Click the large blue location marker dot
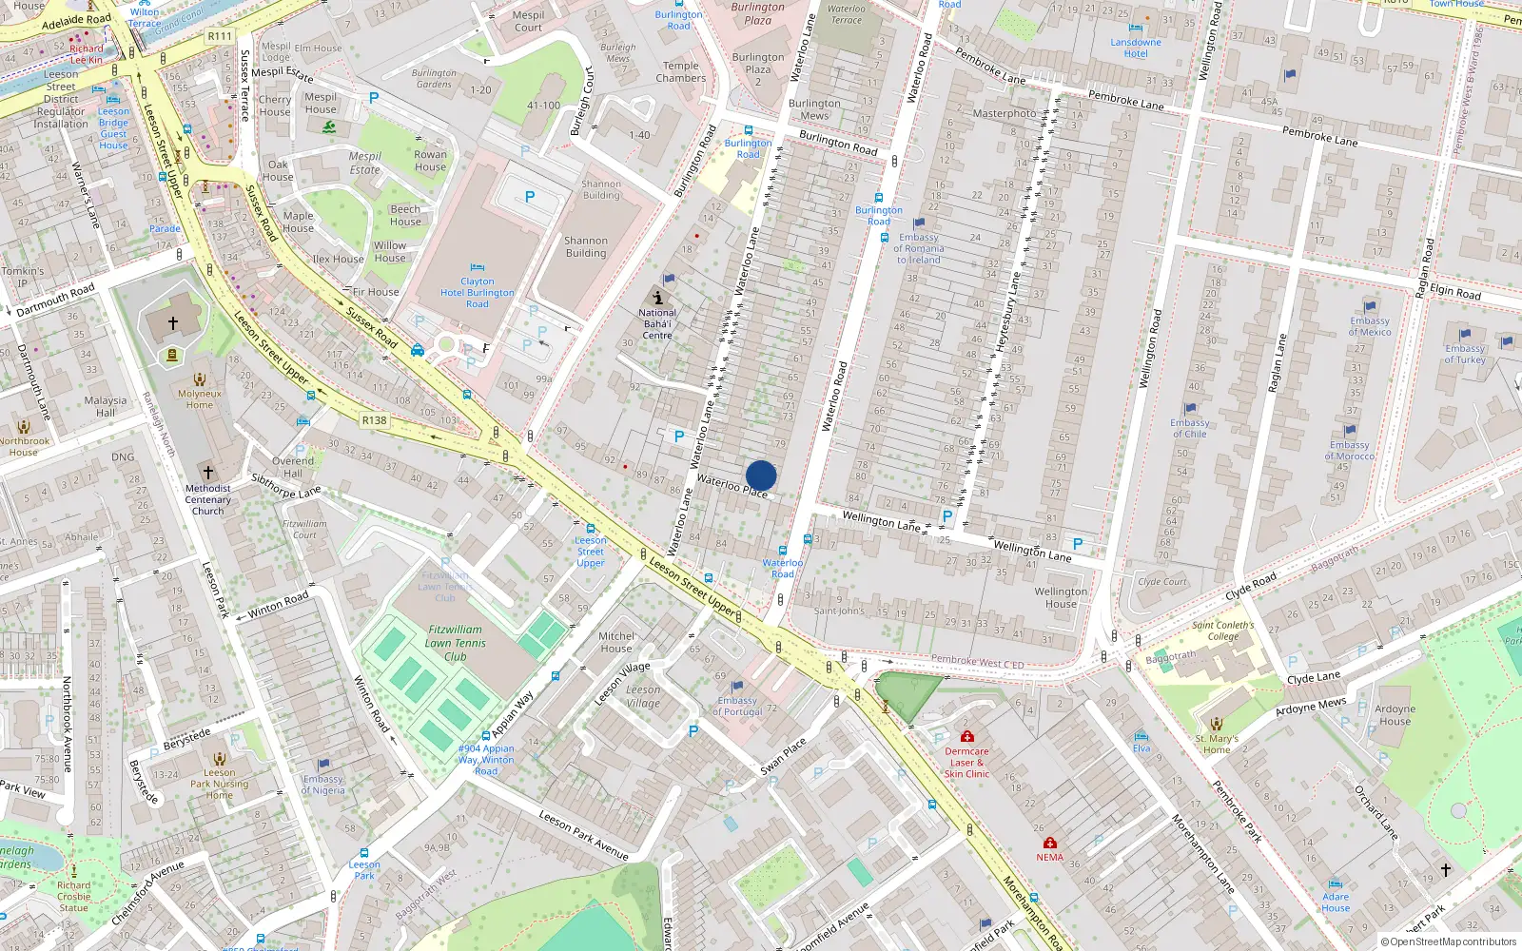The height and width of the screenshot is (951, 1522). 761,475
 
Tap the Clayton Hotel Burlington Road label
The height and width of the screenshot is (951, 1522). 478,293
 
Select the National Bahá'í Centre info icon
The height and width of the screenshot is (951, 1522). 657,298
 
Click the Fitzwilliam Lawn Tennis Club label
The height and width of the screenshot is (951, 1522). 456,643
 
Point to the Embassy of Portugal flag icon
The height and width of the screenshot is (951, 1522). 737,686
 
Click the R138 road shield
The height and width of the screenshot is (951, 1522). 375,420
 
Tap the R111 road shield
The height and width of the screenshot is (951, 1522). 220,36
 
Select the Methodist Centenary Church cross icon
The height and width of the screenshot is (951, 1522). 207,472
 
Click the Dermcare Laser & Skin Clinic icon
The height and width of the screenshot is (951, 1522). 967,736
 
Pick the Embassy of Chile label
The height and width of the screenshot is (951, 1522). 1189,428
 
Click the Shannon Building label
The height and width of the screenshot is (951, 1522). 586,247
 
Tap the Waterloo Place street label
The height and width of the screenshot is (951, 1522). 732,486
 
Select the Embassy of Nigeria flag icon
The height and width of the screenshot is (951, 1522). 323,764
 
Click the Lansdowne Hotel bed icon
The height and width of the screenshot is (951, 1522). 1136,29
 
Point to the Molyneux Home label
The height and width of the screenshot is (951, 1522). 200,399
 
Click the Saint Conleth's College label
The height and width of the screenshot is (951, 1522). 1223,631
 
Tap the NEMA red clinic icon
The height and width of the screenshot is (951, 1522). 1050,843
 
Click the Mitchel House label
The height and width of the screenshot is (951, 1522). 616,642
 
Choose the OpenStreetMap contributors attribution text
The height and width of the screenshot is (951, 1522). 1449,942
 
